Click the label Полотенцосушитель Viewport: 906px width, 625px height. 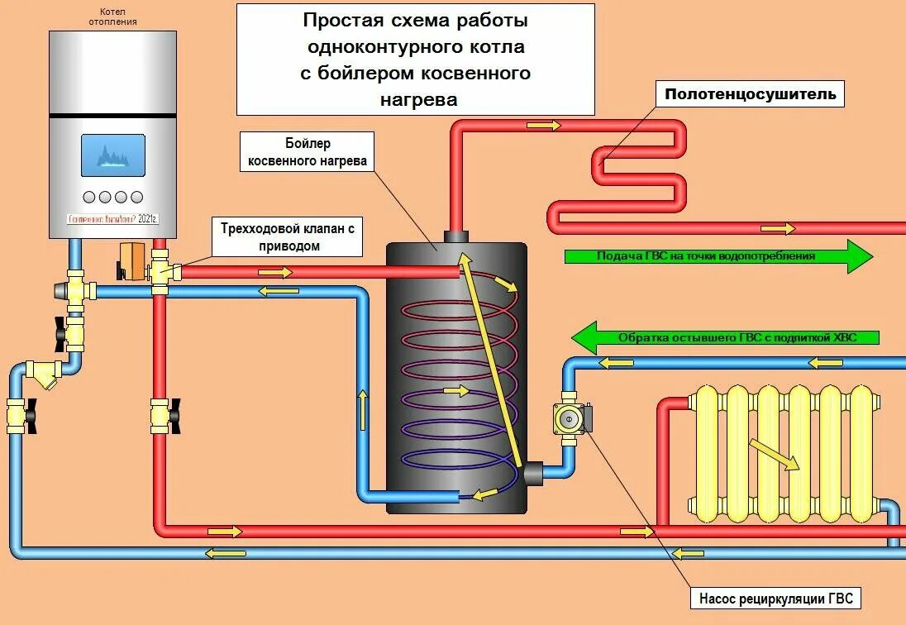pyautogui.click(x=751, y=94)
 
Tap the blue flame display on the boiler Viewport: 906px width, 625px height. pyautogui.click(x=112, y=155)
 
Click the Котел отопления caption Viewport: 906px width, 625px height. pyautogui.click(x=112, y=16)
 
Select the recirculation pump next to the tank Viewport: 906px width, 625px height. pyautogui.click(x=570, y=418)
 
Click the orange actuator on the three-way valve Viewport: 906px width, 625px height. pyautogui.click(x=131, y=259)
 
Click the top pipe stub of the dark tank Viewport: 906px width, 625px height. pyautogui.click(x=456, y=236)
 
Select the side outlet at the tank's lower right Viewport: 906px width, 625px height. pyautogui.click(x=532, y=474)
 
